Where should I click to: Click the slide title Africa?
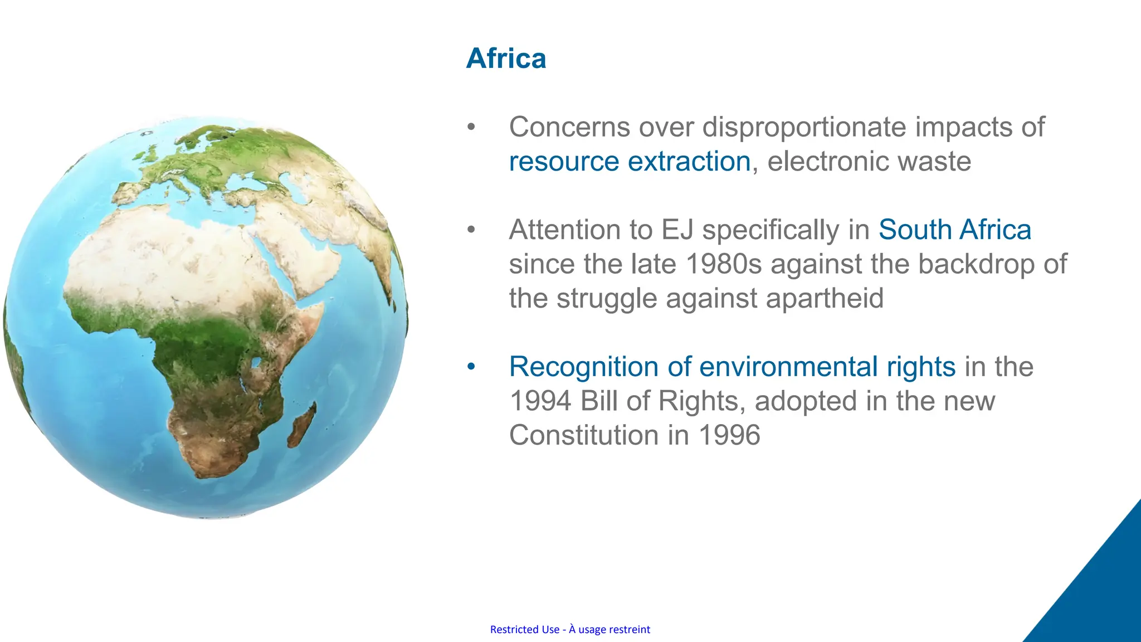[506, 59]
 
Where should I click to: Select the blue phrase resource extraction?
[630, 162]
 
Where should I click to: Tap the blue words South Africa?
[954, 230]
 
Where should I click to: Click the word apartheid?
[824, 298]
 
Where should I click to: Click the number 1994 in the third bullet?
[540, 401]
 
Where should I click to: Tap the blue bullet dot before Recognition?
[471, 367]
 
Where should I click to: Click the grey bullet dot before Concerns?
[471, 127]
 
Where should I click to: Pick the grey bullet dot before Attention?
[471, 230]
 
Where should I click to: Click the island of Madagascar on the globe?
[301, 426]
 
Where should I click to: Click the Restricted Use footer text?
[570, 629]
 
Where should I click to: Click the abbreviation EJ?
[676, 230]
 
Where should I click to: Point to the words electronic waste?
[869, 162]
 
